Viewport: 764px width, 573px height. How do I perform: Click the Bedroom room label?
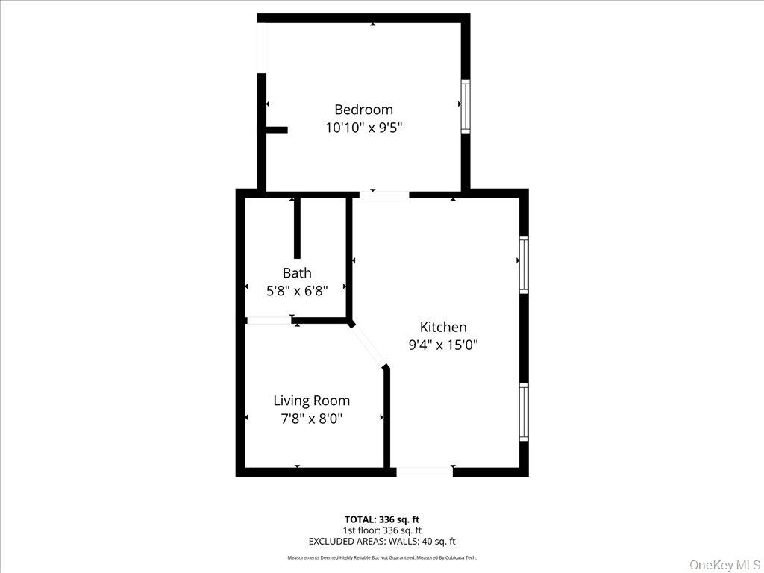click(363, 110)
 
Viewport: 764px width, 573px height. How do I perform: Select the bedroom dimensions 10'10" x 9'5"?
click(363, 128)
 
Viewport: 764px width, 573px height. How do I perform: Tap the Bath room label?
click(297, 273)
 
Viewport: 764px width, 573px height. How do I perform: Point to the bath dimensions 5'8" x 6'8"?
click(297, 291)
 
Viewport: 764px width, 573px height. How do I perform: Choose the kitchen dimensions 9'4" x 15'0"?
click(442, 345)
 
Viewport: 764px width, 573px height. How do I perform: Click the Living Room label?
click(311, 401)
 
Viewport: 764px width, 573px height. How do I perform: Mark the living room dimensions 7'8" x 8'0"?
click(311, 419)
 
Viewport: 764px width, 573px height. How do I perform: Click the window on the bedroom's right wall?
click(466, 106)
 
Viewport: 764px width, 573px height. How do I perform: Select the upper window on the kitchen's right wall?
click(524, 265)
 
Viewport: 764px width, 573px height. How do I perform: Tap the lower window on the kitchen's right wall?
click(524, 412)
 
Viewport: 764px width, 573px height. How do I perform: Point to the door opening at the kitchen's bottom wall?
click(424, 472)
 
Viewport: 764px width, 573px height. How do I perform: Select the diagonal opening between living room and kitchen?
click(368, 345)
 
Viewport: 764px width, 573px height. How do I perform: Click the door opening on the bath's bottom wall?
click(269, 321)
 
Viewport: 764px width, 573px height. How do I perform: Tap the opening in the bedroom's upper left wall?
click(261, 47)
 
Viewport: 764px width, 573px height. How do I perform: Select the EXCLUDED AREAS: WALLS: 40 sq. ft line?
click(382, 542)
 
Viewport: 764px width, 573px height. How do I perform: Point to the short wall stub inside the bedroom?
click(276, 130)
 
